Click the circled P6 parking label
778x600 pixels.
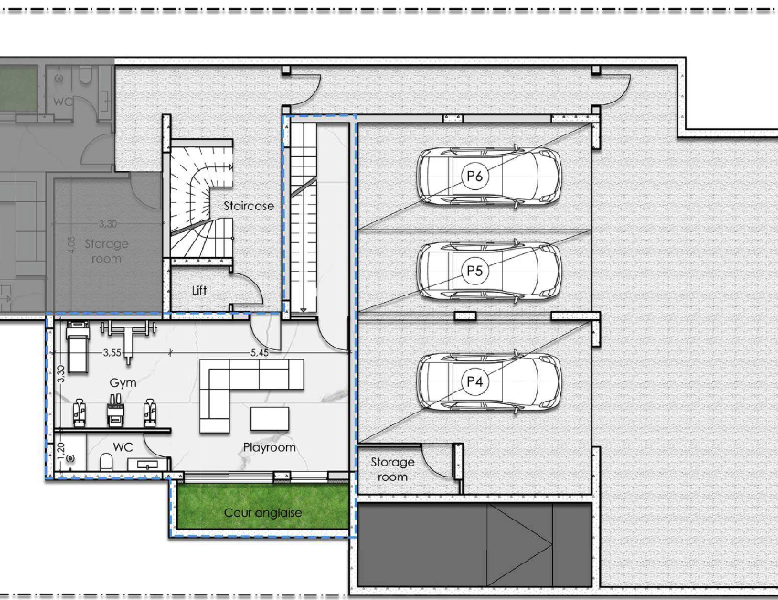pos(474,176)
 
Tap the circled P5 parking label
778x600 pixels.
pos(474,271)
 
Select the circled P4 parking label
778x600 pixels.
pos(474,381)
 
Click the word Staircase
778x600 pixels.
pos(249,206)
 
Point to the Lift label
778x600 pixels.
pos(199,290)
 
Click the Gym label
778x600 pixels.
pos(123,383)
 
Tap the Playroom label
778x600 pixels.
pos(270,447)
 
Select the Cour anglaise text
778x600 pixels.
pos(263,513)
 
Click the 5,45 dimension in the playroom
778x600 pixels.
pos(260,352)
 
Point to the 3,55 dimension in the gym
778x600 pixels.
pos(112,352)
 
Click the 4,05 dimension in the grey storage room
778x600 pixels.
pos(71,245)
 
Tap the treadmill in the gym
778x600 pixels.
pos(78,347)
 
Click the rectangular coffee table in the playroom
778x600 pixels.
pos(270,419)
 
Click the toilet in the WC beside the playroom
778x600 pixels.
pos(106,462)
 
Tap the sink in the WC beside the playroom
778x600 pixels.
pos(147,465)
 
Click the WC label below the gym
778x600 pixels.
pos(123,446)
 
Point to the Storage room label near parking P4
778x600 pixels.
pos(392,469)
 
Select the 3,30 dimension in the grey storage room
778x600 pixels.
pos(108,224)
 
